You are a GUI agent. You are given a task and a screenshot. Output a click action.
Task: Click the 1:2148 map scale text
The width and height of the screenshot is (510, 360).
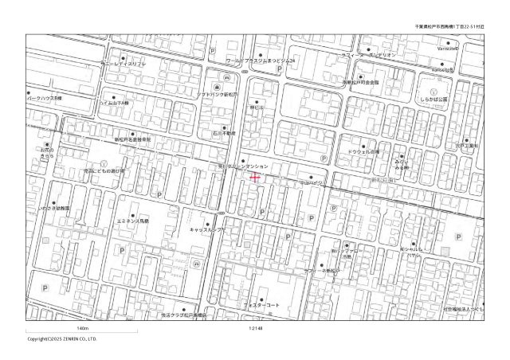[256, 329]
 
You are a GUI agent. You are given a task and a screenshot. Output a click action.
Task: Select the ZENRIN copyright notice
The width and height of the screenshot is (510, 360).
[63, 339]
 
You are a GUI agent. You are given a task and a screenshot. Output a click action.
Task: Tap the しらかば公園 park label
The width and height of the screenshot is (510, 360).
[436, 100]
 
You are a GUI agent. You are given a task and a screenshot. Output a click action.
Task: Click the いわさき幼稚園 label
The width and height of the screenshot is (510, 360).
[54, 208]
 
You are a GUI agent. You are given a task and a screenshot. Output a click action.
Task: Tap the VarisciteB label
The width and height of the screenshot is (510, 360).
[443, 70]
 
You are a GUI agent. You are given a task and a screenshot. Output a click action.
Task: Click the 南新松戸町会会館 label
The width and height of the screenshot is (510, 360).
[361, 82]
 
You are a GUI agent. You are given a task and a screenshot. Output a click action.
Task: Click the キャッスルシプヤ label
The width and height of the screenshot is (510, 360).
[208, 229]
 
